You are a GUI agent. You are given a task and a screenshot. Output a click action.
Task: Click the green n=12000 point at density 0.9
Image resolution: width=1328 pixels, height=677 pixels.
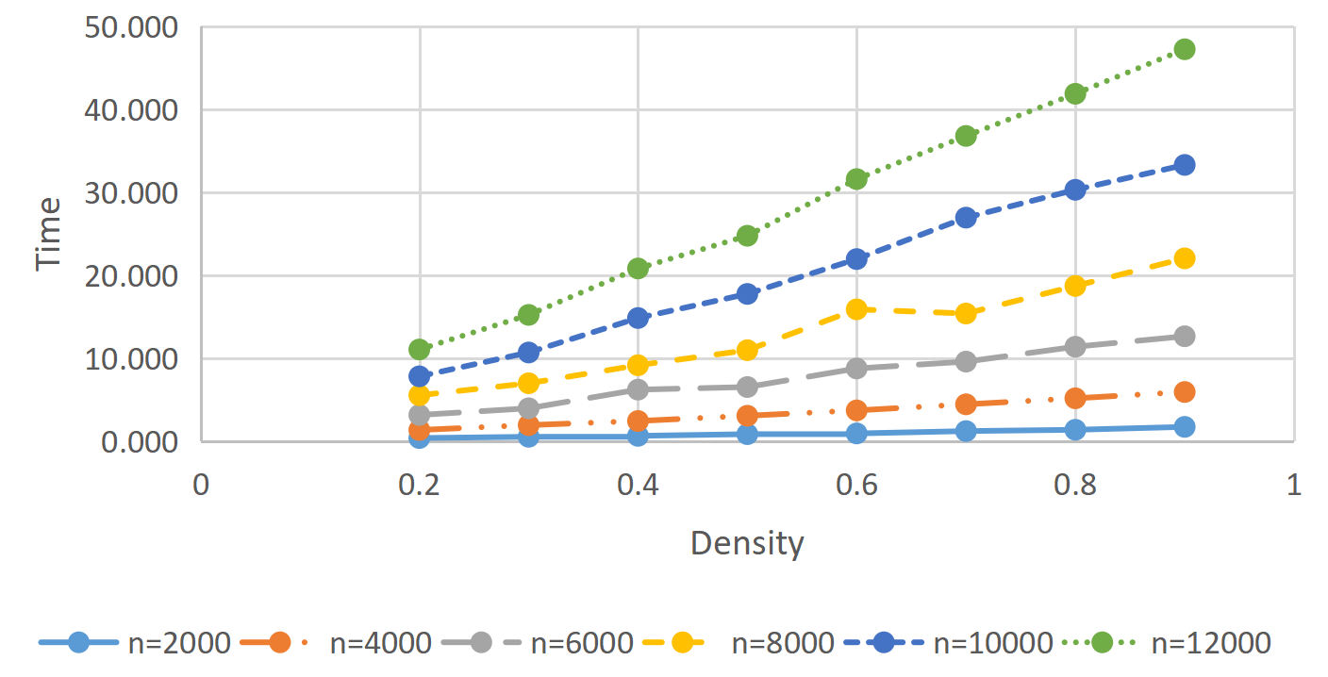1185,49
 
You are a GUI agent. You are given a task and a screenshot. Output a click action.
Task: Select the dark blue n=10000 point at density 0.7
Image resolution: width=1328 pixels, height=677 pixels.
966,217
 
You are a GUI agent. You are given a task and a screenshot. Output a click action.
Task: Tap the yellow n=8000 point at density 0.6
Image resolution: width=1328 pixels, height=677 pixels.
856,309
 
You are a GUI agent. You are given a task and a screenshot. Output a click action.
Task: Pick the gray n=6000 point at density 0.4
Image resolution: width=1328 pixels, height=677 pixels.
638,389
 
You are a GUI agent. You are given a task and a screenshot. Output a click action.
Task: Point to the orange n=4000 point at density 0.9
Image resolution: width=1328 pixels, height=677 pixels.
1185,392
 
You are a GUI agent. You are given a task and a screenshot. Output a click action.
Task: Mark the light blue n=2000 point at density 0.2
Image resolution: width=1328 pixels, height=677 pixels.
419,438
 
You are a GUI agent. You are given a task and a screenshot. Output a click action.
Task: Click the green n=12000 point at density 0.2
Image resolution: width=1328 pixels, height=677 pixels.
419,350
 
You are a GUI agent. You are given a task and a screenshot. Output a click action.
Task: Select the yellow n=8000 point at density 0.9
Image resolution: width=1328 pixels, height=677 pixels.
1185,258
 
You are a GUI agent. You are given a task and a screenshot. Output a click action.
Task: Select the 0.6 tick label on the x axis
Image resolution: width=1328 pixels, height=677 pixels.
856,485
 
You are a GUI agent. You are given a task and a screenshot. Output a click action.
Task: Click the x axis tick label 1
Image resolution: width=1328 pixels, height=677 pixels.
1294,485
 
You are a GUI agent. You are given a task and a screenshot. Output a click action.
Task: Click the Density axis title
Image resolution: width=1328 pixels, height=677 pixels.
747,544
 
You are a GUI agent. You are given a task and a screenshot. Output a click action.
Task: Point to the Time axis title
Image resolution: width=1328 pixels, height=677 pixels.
48,234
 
